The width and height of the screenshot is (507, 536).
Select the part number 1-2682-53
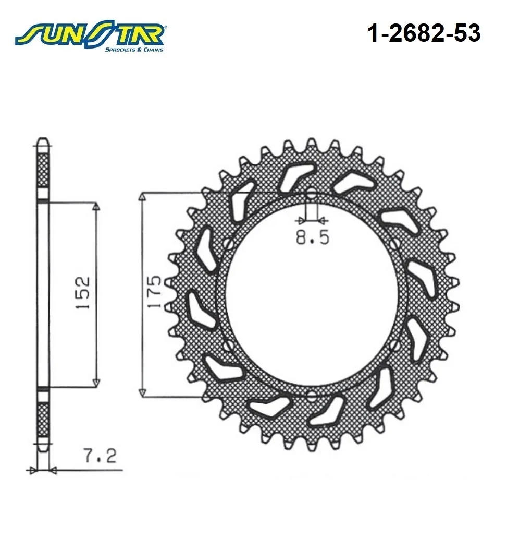click(x=424, y=33)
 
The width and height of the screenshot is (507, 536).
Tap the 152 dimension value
click(x=83, y=292)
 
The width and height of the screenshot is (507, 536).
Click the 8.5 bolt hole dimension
click(x=313, y=237)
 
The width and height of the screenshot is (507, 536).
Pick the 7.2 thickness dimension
click(x=100, y=456)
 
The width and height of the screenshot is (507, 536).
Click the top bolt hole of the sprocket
click(x=311, y=195)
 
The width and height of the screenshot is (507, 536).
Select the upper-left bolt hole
click(x=229, y=245)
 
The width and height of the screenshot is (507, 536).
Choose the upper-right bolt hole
click(x=394, y=244)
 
